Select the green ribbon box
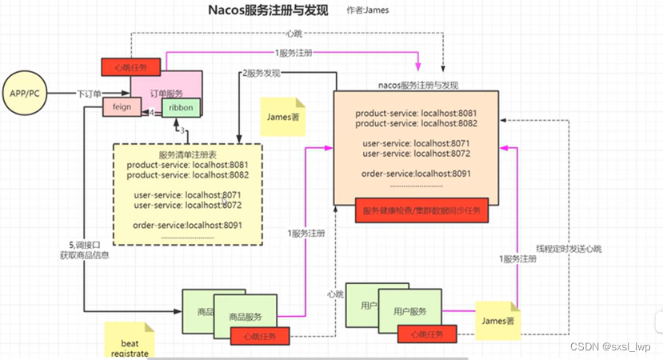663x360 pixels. click(x=177, y=107)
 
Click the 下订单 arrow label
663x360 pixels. click(x=89, y=94)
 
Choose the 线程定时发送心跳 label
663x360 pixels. click(x=569, y=249)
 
